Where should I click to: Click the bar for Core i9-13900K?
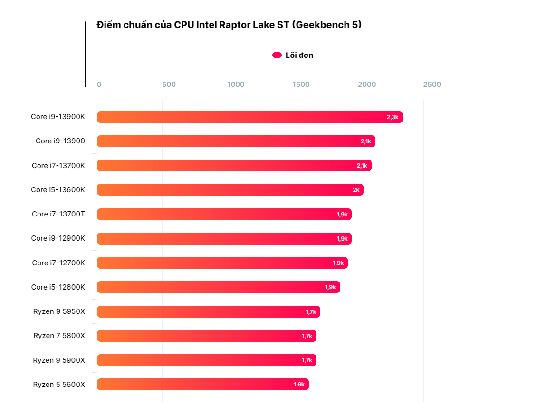pyautogui.click(x=249, y=117)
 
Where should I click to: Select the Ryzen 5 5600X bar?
pyautogui.click(x=202, y=385)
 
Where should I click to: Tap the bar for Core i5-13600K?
pyautogui.click(x=230, y=190)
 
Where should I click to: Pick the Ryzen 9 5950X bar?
pyautogui.click(x=208, y=312)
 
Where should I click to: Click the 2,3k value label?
pyautogui.click(x=393, y=117)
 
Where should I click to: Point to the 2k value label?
pyautogui.click(x=356, y=190)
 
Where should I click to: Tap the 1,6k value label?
pyautogui.click(x=299, y=385)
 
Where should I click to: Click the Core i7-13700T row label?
pyautogui.click(x=58, y=214)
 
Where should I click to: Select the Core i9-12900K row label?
pyautogui.click(x=58, y=238)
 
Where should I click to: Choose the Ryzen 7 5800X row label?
pyautogui.click(x=59, y=336)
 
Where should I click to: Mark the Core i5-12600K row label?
pyautogui.click(x=58, y=287)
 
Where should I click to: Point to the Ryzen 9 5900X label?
pyautogui.click(x=59, y=360)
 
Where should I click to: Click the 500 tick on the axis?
pyautogui.click(x=169, y=85)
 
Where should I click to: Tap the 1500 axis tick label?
pyautogui.click(x=301, y=85)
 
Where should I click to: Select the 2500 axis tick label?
pyautogui.click(x=432, y=85)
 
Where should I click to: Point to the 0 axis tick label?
pyautogui.click(x=99, y=85)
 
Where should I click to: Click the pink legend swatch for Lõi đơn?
pyautogui.click(x=277, y=55)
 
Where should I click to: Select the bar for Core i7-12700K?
pyautogui.click(x=222, y=263)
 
